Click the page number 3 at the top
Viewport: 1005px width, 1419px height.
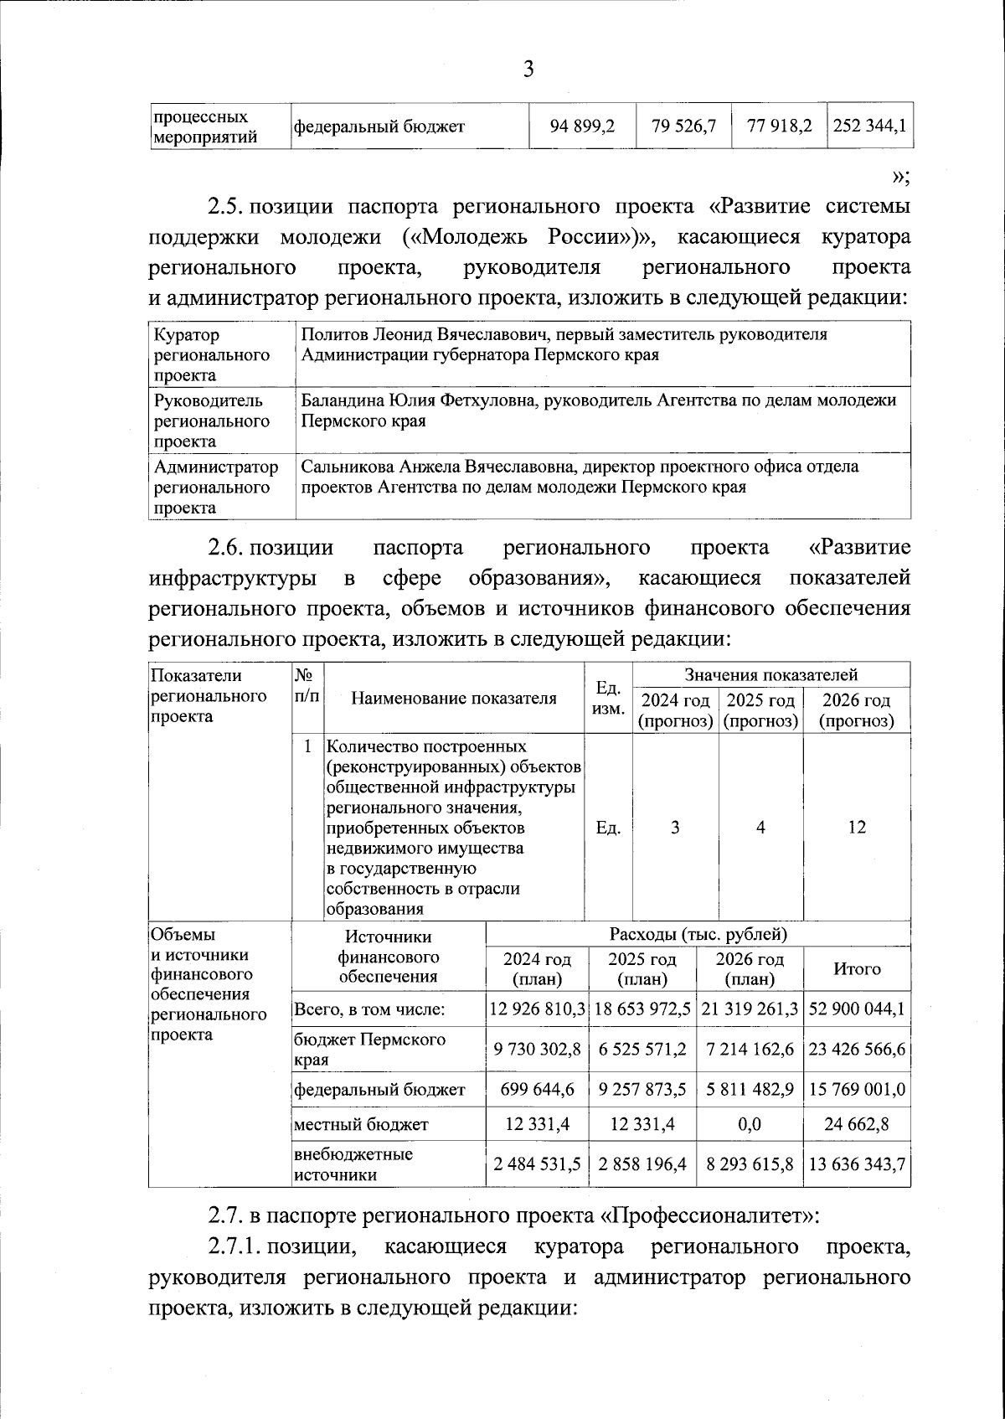528,70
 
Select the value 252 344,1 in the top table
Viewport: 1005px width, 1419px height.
869,126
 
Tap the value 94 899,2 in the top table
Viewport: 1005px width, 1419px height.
582,126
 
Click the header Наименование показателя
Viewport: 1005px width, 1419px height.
453,699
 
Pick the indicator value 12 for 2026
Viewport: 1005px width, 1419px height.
856,828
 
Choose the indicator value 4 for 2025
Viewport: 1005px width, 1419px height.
760,828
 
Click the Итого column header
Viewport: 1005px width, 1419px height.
856,969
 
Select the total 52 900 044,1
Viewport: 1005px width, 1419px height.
856,1009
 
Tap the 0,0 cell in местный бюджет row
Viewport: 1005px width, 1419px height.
749,1124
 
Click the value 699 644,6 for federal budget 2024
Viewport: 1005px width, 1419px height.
537,1090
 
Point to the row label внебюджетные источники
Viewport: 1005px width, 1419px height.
353,1164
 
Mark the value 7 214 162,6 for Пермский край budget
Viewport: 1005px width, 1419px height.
749,1050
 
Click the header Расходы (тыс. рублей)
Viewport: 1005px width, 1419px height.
698,934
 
